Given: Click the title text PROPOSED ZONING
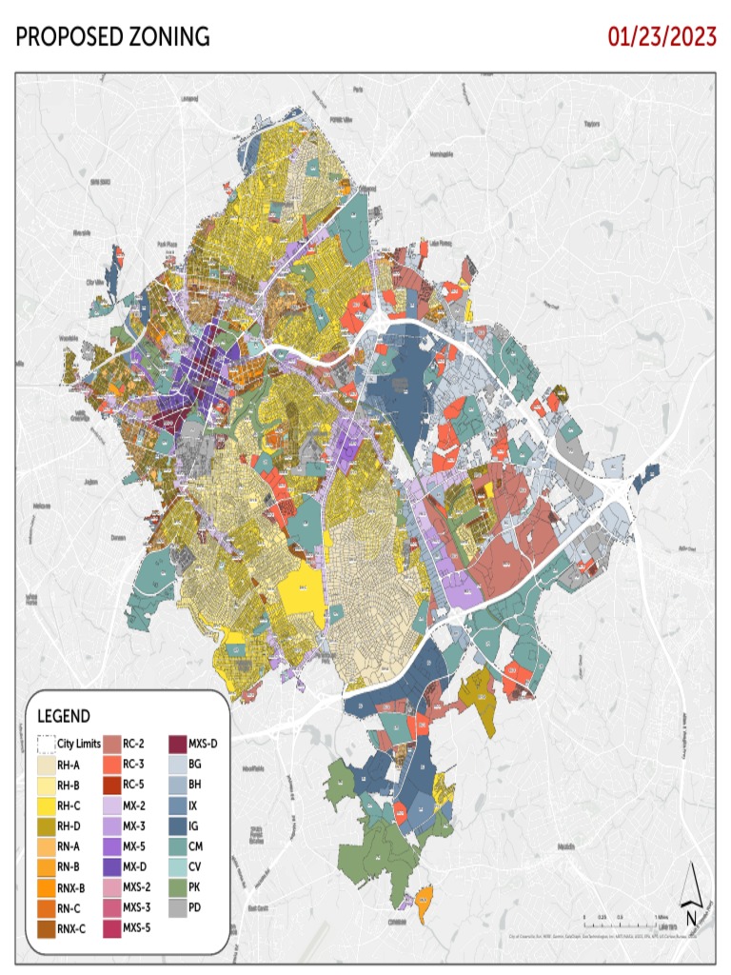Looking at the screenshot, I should (113, 37).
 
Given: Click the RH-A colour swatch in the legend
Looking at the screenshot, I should (45, 765).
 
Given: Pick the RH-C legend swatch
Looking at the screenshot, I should (45, 806).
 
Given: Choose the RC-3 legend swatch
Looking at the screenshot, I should (111, 765).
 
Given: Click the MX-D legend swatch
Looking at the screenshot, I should (111, 866).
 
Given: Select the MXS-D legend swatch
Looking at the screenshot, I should (177, 744).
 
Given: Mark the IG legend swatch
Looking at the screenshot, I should (177, 826).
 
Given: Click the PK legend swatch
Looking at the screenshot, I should (177, 887).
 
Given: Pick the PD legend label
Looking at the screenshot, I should (195, 907).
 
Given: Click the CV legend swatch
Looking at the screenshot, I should (177, 866).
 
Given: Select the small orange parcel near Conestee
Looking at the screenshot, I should (423, 896).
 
